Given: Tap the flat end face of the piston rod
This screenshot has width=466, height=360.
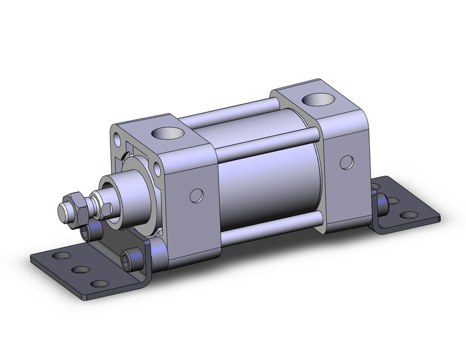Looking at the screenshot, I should coord(63,212).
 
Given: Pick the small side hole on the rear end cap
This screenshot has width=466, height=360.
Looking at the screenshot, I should coord(347,162).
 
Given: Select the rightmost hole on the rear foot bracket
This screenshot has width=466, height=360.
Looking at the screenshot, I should coord(410,215).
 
